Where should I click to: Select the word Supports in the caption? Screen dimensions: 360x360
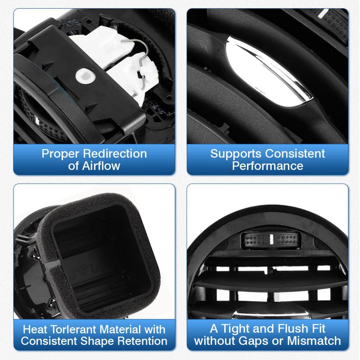[x=235, y=153]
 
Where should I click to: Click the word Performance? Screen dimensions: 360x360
[x=268, y=166]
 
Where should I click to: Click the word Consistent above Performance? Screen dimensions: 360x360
[x=294, y=153]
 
